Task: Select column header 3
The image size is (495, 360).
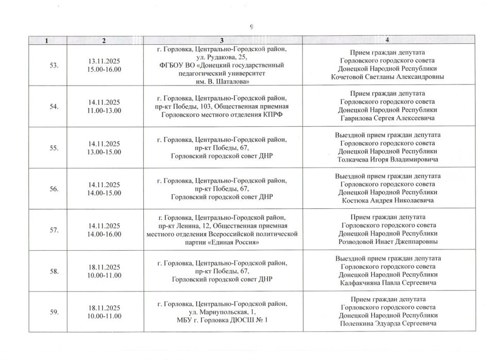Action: [222, 40]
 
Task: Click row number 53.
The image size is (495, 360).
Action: [54, 66]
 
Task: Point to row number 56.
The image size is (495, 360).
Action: [54, 189]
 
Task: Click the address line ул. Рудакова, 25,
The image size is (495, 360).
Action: [222, 57]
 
